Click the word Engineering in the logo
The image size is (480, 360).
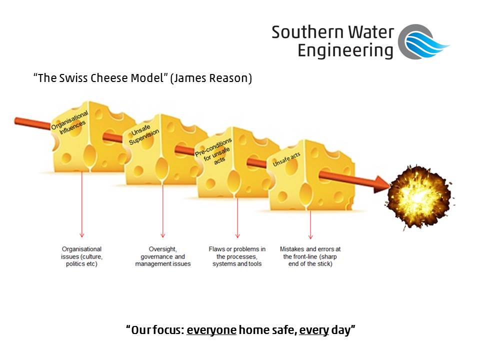[345, 51]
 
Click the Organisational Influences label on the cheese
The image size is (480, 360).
[70, 123]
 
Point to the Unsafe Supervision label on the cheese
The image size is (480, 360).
[144, 135]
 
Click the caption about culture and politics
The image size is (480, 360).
[81, 256]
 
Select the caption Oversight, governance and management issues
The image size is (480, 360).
[163, 256]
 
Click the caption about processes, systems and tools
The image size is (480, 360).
[237, 256]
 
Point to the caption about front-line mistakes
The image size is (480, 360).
[310, 256]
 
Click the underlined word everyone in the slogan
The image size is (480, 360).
[211, 330]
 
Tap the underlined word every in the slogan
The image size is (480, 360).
[314, 330]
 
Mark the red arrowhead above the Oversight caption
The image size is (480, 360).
[163, 234]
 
